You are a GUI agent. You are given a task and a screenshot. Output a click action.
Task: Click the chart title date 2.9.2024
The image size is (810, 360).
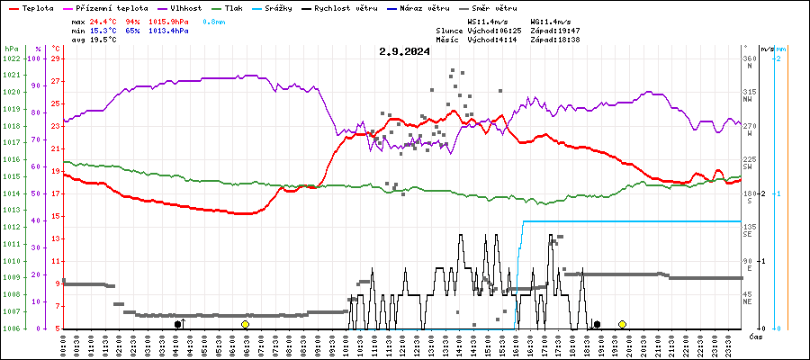[404, 51]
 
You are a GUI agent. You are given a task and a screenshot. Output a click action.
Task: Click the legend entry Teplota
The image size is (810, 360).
[31, 7]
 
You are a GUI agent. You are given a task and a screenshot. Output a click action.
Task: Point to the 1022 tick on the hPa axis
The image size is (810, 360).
[11, 58]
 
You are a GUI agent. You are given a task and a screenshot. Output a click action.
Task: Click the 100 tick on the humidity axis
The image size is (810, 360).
[35, 58]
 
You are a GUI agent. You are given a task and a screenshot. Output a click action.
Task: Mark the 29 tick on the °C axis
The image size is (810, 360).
[56, 58]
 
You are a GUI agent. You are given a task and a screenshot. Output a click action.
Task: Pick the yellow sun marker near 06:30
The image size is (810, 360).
[245, 324]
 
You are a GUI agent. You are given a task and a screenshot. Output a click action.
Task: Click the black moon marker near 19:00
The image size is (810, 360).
[597, 324]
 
